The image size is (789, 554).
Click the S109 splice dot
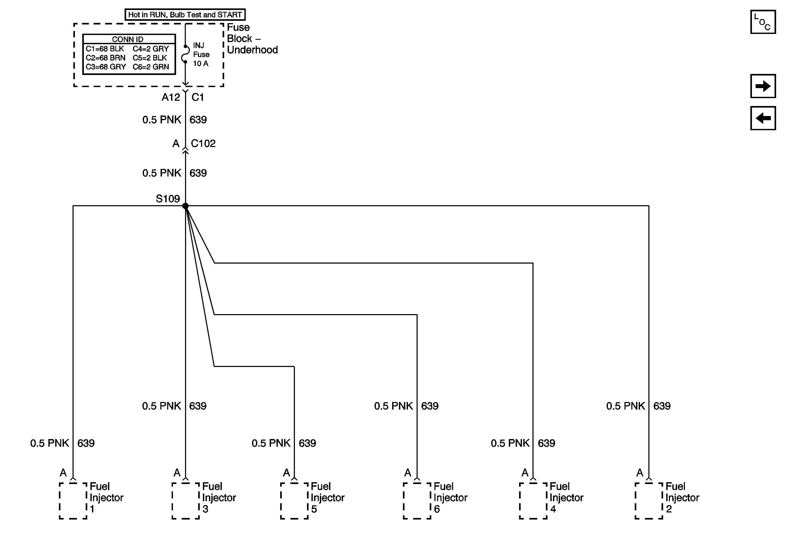tap(185, 206)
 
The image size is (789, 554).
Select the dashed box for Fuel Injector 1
tap(73, 501)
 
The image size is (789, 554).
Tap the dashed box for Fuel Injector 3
tap(186, 501)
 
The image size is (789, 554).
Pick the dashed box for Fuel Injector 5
tap(294, 501)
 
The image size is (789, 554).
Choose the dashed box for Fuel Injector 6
tap(417, 501)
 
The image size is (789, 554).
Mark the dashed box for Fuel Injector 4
tap(533, 501)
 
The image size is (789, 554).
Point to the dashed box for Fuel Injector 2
tap(649, 501)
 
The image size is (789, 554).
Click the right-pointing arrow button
tap(763, 86)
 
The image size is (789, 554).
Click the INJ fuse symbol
tap(185, 54)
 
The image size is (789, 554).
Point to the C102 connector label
tap(203, 143)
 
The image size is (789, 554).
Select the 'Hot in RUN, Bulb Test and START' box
tap(185, 15)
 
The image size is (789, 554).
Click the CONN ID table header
tap(128, 39)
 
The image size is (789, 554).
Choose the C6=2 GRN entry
tap(151, 67)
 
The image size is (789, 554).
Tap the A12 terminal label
tap(171, 97)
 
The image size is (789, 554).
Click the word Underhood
tap(252, 50)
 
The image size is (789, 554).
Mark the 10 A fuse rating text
tap(201, 64)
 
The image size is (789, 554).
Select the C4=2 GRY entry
tap(151, 49)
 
